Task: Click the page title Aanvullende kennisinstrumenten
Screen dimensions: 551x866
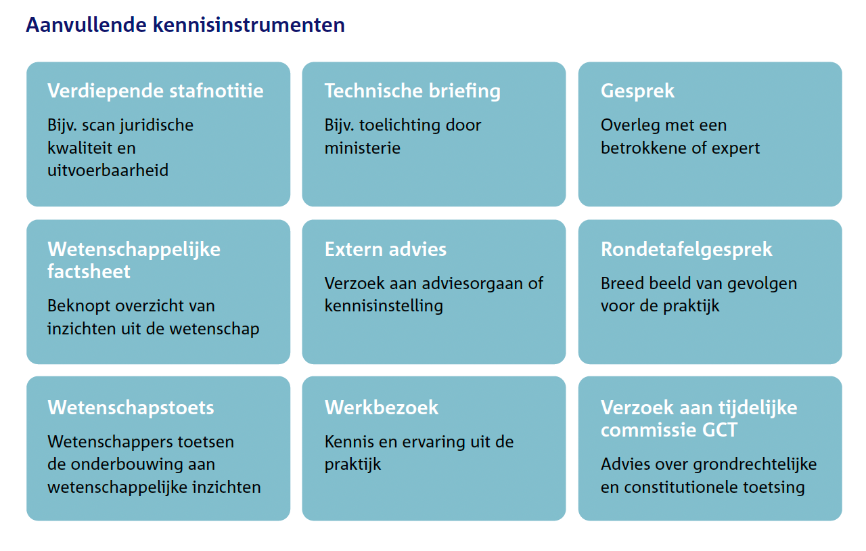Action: point(185,25)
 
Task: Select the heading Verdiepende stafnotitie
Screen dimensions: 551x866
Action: point(156,91)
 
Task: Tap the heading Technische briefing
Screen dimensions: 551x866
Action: point(413,91)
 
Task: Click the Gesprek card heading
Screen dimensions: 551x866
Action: point(637,91)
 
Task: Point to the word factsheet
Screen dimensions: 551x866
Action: point(89,271)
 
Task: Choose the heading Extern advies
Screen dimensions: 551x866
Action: point(386,249)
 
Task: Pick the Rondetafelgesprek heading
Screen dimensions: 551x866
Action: point(686,249)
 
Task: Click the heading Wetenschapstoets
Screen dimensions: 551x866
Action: point(131,407)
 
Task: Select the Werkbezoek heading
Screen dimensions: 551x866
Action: point(382,407)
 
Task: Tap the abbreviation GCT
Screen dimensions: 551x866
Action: point(714,430)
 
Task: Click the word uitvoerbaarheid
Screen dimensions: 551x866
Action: point(108,170)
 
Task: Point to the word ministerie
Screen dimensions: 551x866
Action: point(363,148)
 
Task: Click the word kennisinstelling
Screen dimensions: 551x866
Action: point(384,305)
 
